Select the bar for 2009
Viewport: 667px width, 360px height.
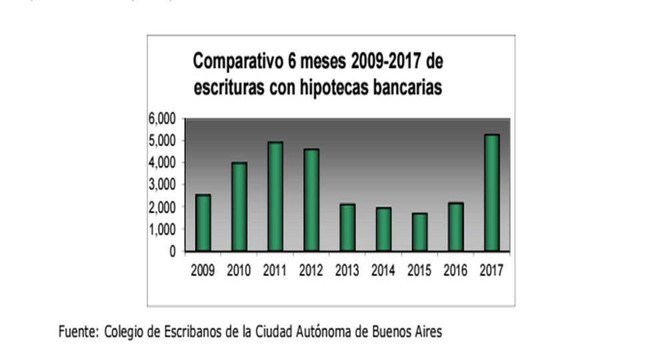tap(203, 223)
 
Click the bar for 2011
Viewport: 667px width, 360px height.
tap(275, 197)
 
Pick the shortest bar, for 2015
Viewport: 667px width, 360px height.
tap(419, 232)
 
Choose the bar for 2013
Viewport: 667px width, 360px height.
tap(347, 227)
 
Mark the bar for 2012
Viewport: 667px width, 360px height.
tap(311, 200)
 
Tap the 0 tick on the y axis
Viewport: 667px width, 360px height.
tap(172, 251)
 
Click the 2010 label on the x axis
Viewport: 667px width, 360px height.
tap(239, 270)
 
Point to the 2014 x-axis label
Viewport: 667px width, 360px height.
tap(383, 270)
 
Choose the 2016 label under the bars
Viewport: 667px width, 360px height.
tap(455, 270)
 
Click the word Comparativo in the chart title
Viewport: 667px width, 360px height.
tap(234, 62)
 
